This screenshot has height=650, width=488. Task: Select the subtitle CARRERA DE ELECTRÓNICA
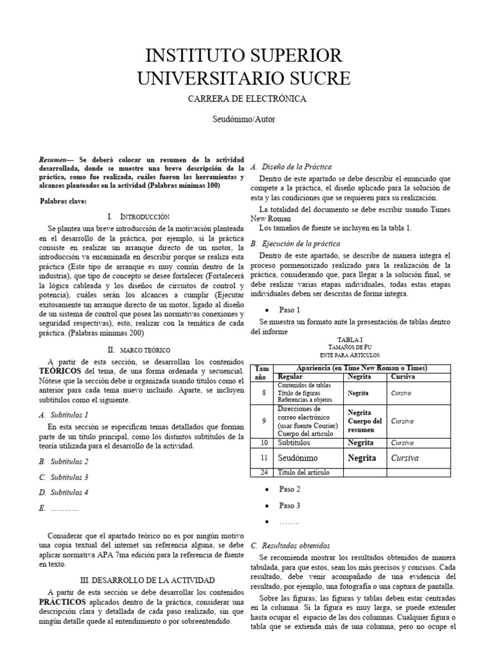click(x=247, y=99)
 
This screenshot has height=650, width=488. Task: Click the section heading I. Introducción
click(x=139, y=217)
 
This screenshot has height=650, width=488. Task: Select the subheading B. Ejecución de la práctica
click(x=295, y=243)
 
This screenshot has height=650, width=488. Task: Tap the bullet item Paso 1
click(x=290, y=309)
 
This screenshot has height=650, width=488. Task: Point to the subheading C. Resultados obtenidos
click(x=290, y=545)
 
